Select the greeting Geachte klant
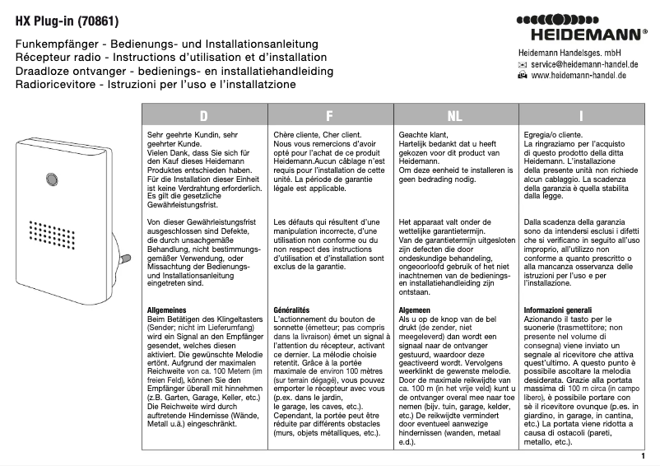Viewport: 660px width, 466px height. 423,133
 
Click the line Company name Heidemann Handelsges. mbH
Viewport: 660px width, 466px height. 569,52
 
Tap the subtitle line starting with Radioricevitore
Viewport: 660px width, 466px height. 156,85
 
